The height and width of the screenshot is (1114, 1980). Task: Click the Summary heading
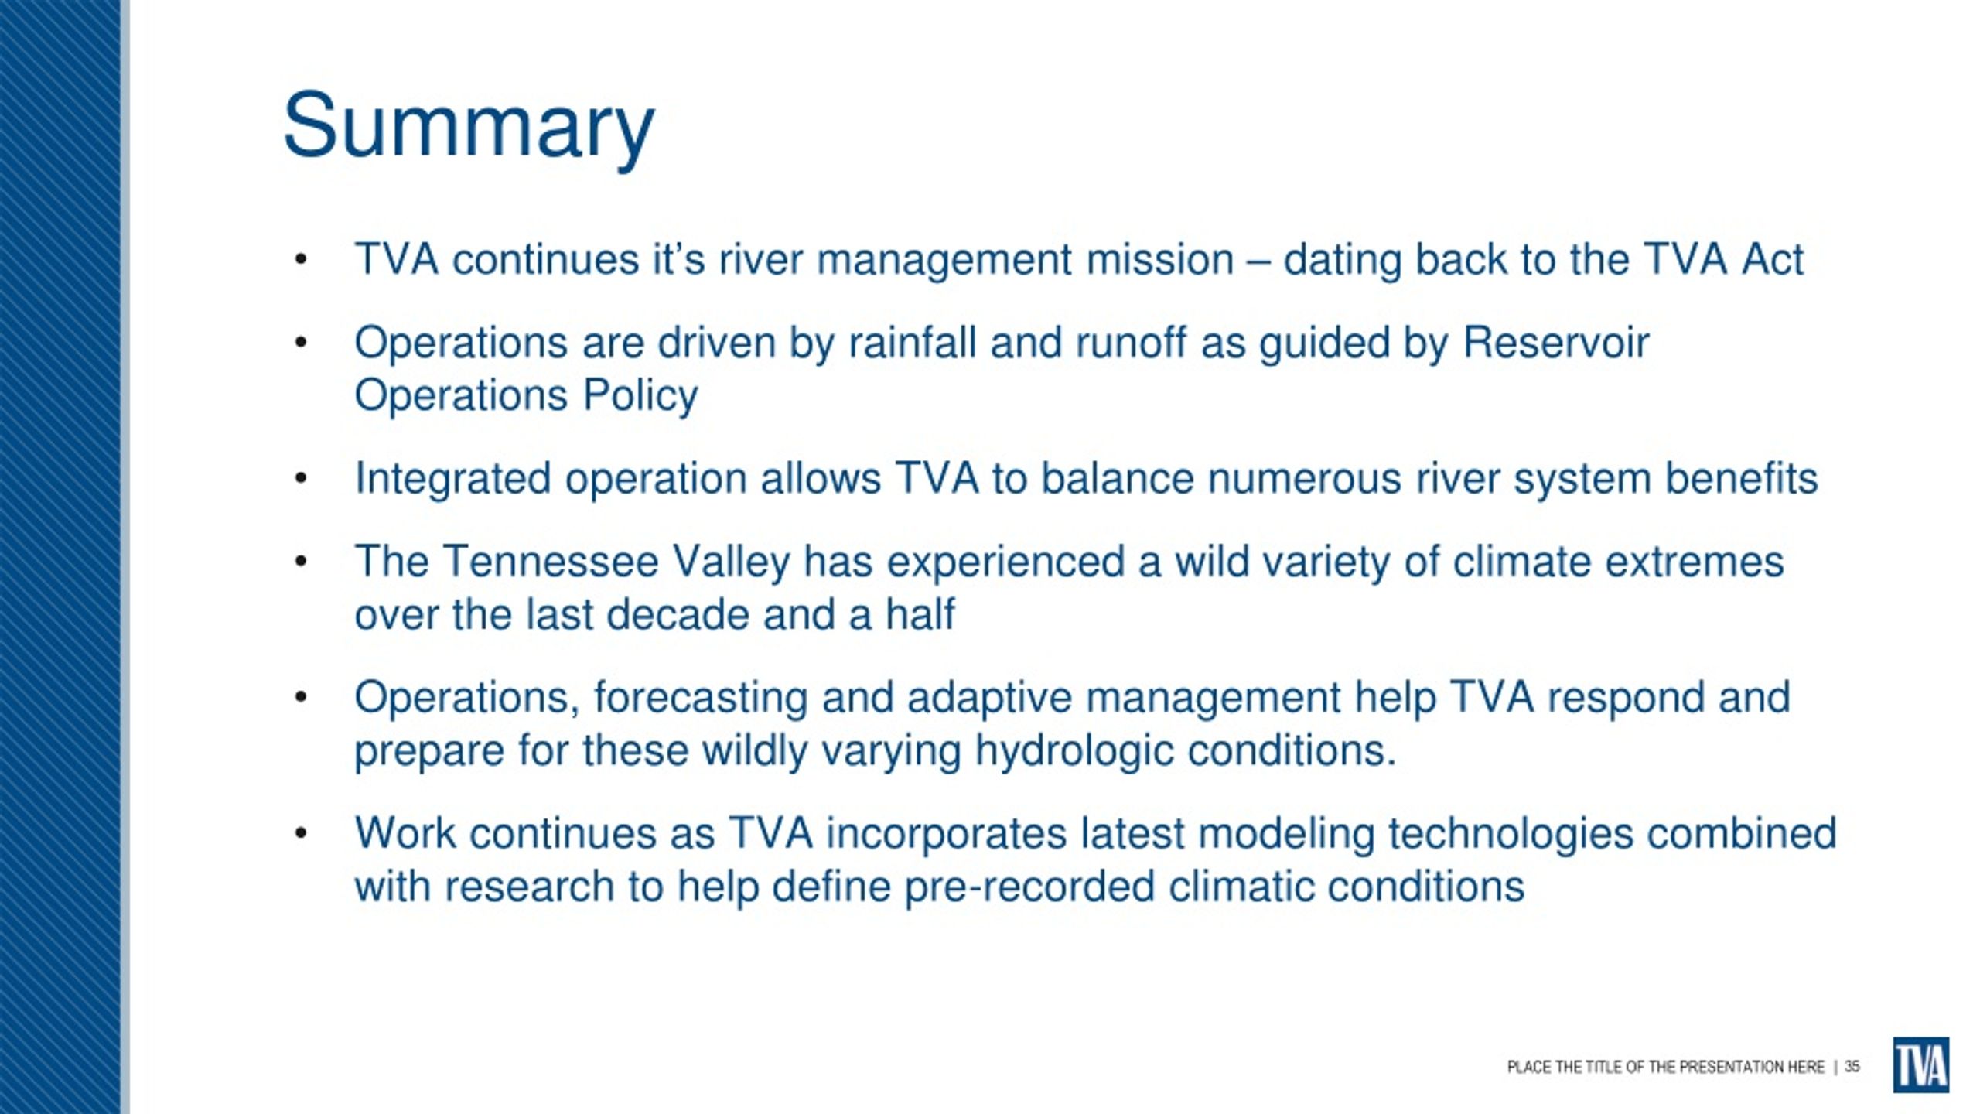469,128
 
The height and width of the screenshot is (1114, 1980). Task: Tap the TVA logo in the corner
1920,1065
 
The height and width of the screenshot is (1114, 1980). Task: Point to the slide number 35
1852,1067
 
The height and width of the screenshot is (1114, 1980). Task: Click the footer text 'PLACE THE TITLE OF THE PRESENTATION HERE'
1665,1068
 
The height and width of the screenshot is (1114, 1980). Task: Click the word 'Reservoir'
1555,342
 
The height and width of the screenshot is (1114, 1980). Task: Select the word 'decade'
678,614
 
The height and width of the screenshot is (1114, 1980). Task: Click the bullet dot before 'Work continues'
301,834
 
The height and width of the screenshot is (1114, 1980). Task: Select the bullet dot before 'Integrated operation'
301,479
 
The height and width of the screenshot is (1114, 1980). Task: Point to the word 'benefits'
1741,478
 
